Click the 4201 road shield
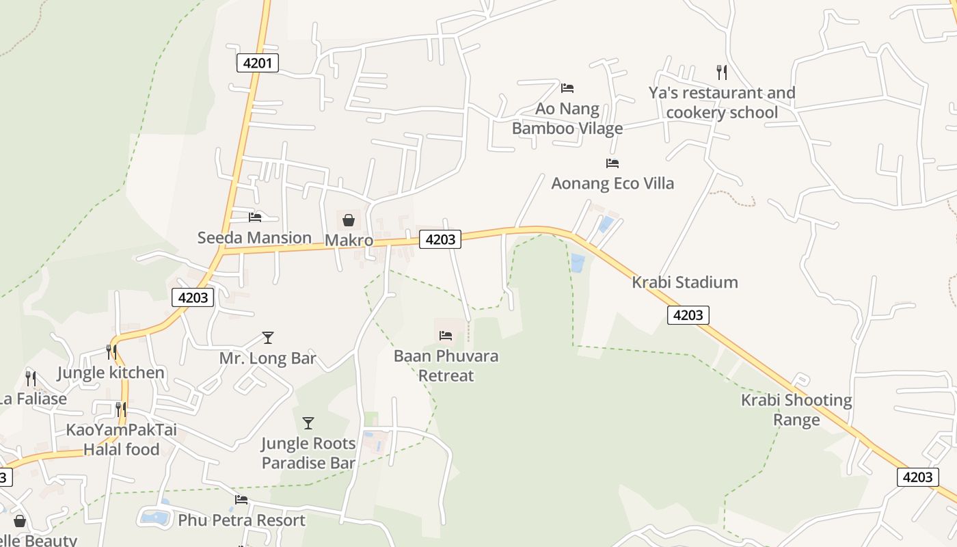pyautogui.click(x=258, y=64)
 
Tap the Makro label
pyautogui.click(x=349, y=240)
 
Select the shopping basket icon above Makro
pyautogui.click(x=349, y=220)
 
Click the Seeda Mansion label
pyautogui.click(x=254, y=237)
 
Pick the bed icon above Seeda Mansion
pyautogui.click(x=255, y=217)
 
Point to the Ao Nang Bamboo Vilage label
pyautogui.click(x=567, y=118)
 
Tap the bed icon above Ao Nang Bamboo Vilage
pyautogui.click(x=567, y=88)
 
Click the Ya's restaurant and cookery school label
pyautogui.click(x=722, y=103)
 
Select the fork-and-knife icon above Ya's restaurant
pyautogui.click(x=721, y=72)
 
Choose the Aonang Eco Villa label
pyautogui.click(x=612, y=183)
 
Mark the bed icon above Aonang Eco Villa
pyautogui.click(x=612, y=163)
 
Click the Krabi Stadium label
pyautogui.click(x=685, y=282)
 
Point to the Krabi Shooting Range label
pyautogui.click(x=796, y=410)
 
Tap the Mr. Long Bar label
pyautogui.click(x=268, y=358)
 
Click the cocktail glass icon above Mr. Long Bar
pyautogui.click(x=268, y=338)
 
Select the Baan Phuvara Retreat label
pyautogui.click(x=446, y=366)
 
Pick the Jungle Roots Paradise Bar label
pyautogui.click(x=308, y=453)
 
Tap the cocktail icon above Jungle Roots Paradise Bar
pyautogui.click(x=308, y=423)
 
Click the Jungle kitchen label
pyautogui.click(x=111, y=373)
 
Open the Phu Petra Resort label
pyautogui.click(x=241, y=520)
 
